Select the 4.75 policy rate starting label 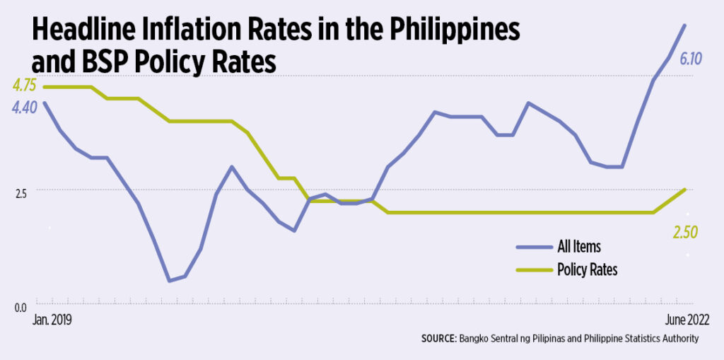click(x=23, y=86)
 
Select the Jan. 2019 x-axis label click(x=52, y=320)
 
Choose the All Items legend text click(x=579, y=247)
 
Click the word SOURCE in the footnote click(x=438, y=339)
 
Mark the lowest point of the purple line click(x=169, y=281)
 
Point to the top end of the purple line click(x=684, y=25)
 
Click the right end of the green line click(x=684, y=190)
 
